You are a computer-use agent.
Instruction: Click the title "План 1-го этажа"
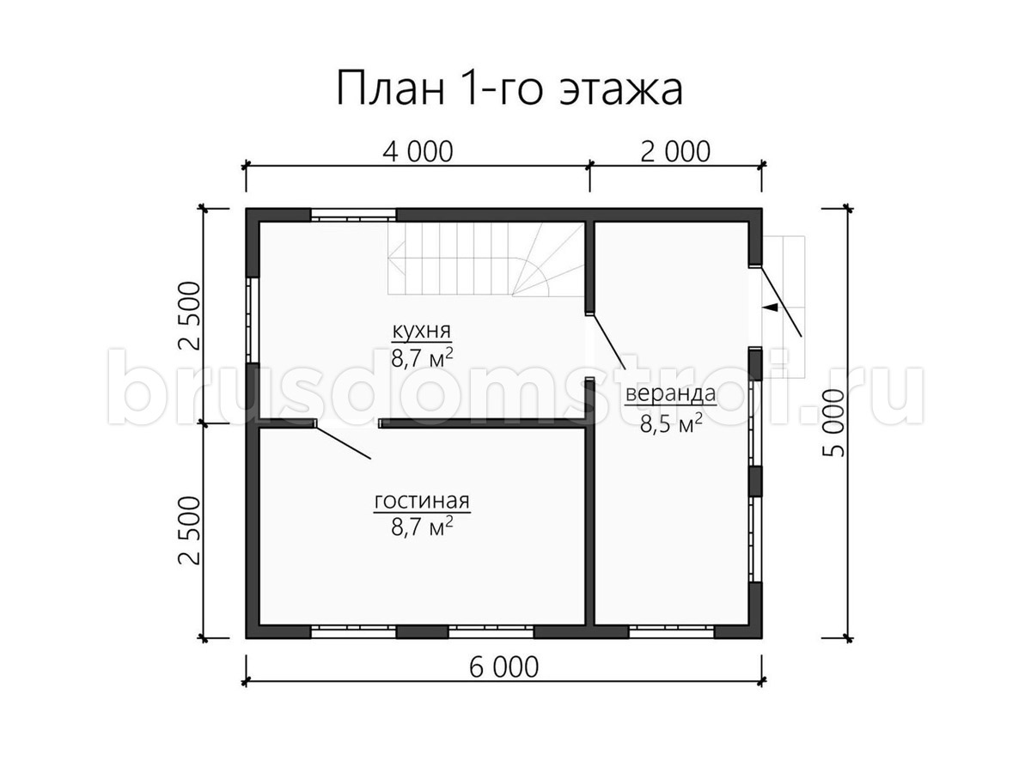509,88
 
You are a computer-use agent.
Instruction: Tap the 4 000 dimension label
418,152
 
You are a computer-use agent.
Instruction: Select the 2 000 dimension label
675,152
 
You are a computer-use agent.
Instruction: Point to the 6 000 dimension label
503,667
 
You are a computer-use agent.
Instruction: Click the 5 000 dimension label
833,423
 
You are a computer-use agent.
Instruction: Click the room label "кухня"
421,332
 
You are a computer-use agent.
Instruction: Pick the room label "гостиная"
422,501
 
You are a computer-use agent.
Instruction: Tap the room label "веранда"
671,394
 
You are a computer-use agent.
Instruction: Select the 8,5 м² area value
671,423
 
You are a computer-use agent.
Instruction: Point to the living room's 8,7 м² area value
422,526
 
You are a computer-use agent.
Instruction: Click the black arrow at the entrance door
770,307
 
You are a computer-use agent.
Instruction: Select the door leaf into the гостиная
344,442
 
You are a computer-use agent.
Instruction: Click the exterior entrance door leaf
781,301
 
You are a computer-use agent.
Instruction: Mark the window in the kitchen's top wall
353,216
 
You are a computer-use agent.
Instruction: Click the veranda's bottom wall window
672,632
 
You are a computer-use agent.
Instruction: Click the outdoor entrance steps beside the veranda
784,307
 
